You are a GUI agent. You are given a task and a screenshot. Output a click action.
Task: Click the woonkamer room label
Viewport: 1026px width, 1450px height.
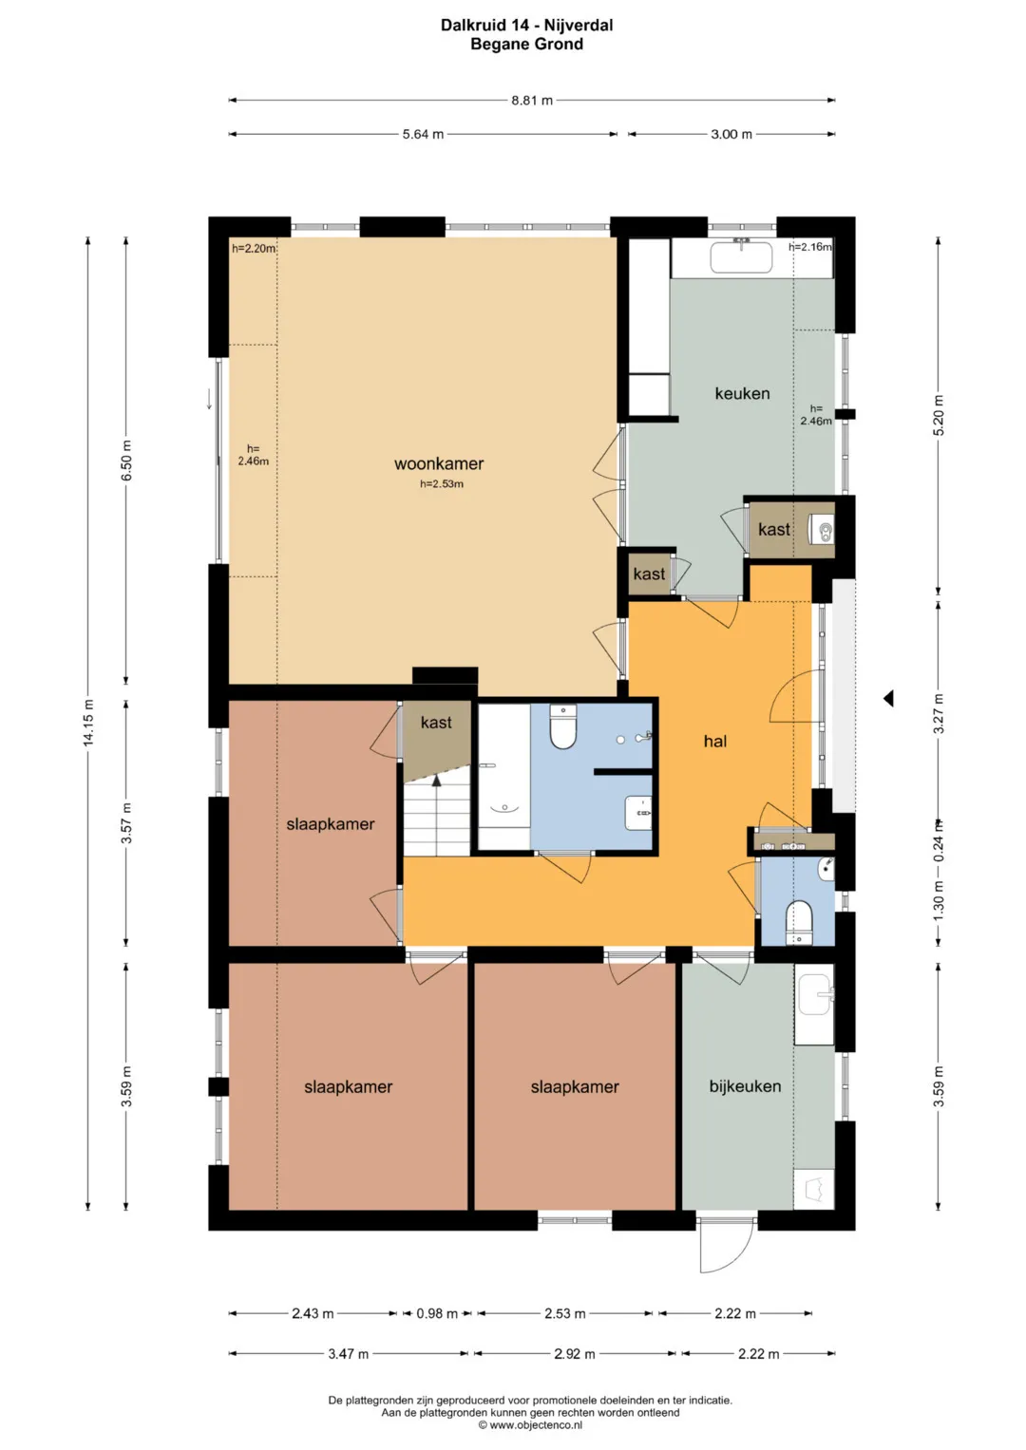pyautogui.click(x=439, y=463)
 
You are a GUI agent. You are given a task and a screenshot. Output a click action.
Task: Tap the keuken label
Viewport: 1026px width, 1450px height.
pyautogui.click(x=742, y=393)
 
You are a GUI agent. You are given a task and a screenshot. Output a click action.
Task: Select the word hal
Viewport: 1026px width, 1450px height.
pyautogui.click(x=715, y=742)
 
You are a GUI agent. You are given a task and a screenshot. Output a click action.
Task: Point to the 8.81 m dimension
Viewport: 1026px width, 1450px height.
pyautogui.click(x=532, y=101)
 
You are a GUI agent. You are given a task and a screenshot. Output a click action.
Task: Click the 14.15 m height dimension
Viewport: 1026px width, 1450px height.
pyautogui.click(x=88, y=723)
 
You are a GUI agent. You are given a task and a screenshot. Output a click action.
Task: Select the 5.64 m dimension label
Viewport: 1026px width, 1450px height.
pyautogui.click(x=423, y=135)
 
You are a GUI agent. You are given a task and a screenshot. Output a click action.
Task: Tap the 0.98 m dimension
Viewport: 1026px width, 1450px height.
pyautogui.click(x=437, y=1313)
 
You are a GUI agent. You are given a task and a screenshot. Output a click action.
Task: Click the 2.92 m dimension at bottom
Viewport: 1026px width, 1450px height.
pyautogui.click(x=575, y=1353)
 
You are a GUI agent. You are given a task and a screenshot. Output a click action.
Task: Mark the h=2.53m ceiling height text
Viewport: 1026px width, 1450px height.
pyautogui.click(x=441, y=483)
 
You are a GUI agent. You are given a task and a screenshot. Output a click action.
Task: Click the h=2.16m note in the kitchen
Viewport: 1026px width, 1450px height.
pyautogui.click(x=809, y=247)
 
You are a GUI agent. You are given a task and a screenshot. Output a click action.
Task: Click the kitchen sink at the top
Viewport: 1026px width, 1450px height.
pyautogui.click(x=741, y=257)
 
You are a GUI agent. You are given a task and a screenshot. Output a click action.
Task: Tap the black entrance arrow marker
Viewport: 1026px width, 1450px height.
pyautogui.click(x=888, y=699)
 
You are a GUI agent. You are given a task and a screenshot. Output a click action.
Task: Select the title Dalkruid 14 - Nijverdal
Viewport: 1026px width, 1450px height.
pyautogui.click(x=526, y=26)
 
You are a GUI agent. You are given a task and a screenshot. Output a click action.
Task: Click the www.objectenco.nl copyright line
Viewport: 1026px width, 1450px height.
pyautogui.click(x=530, y=1424)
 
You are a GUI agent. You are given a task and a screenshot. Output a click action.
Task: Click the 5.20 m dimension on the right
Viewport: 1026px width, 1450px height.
pyautogui.click(x=939, y=415)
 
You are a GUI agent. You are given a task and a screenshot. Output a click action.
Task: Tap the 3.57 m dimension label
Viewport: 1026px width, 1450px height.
pyautogui.click(x=127, y=822)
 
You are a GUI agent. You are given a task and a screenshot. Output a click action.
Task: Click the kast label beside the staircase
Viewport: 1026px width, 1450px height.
pyautogui.click(x=436, y=723)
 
